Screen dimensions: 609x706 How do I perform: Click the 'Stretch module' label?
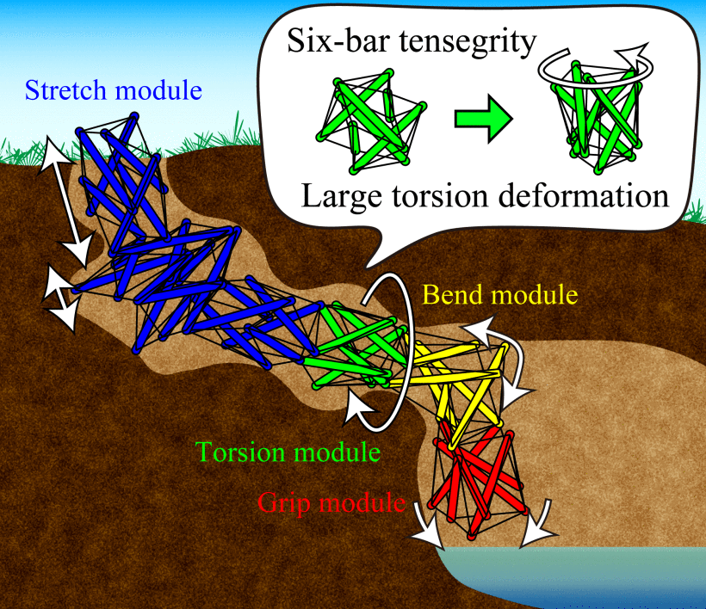click(115, 89)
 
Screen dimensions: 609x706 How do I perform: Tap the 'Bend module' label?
click(500, 295)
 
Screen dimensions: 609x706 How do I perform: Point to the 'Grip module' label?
click(331, 502)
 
